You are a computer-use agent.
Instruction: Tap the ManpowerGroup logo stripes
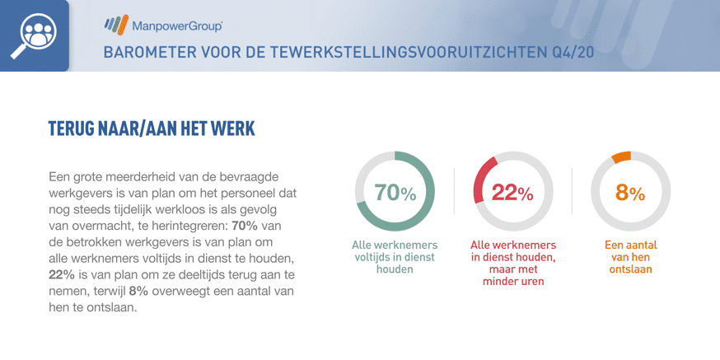click(116, 26)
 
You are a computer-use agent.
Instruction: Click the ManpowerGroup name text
click(178, 26)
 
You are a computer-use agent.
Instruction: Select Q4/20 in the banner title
click(573, 52)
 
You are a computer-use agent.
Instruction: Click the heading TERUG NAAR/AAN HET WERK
click(152, 129)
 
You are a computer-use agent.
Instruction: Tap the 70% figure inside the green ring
click(395, 193)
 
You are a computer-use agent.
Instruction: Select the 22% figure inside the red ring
click(513, 193)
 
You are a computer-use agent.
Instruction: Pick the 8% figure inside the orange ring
click(630, 193)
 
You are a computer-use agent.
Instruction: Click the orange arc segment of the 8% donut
click(622, 157)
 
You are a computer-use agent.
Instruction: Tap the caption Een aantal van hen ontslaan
click(630, 257)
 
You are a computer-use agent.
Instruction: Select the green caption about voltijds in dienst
click(395, 257)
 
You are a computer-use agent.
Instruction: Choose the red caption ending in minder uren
click(513, 263)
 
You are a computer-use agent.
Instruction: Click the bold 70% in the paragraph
click(241, 226)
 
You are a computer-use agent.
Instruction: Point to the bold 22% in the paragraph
click(58, 275)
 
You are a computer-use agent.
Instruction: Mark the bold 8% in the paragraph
click(138, 292)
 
